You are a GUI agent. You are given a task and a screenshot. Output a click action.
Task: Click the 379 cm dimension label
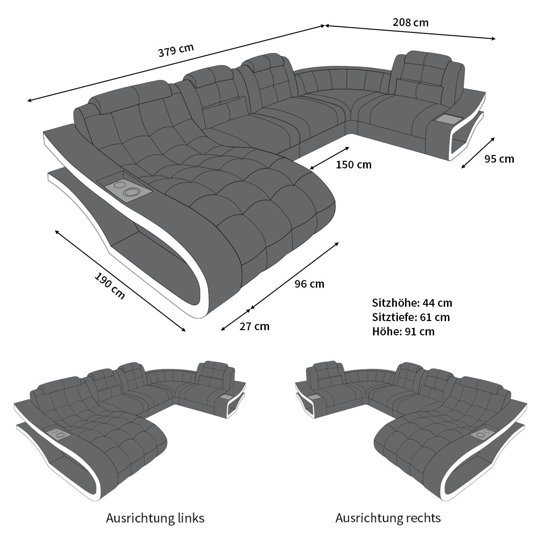click(x=176, y=50)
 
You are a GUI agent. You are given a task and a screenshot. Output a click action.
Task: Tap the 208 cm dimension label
click(x=410, y=22)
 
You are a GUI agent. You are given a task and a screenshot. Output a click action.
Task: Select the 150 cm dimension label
click(x=354, y=165)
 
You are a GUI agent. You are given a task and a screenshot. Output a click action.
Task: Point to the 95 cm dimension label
click(x=499, y=159)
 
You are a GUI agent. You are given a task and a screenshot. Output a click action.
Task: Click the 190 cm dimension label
click(x=110, y=286)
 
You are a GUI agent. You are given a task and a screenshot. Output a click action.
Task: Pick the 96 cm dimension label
click(x=309, y=284)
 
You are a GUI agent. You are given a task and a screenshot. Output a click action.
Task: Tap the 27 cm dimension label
click(x=254, y=327)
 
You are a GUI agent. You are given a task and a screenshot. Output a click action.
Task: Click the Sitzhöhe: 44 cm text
click(x=412, y=303)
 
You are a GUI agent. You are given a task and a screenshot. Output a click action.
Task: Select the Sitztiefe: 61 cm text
click(x=411, y=317)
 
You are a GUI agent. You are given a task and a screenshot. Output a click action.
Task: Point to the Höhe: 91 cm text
click(x=403, y=332)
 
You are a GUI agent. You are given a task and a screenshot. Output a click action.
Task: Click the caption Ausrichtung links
click(x=155, y=518)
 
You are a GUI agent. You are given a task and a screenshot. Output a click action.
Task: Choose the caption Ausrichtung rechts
click(x=388, y=518)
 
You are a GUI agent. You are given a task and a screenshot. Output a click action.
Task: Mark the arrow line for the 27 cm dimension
click(x=236, y=320)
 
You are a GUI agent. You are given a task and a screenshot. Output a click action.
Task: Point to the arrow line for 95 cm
click(x=478, y=153)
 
